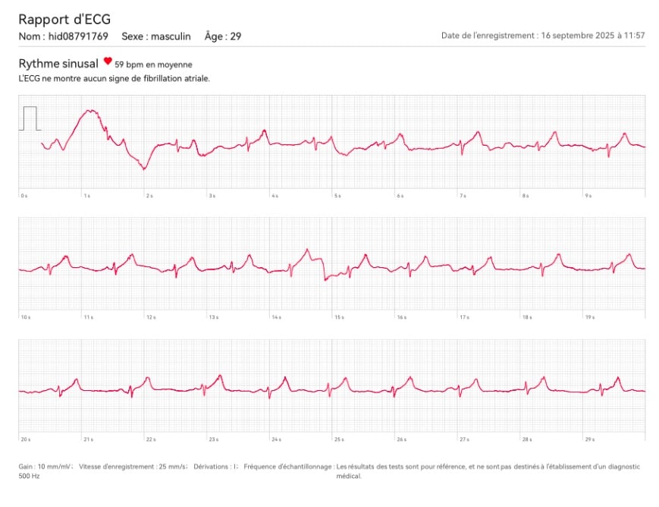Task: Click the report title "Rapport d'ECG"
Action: pos(64,19)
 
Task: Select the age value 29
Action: pos(236,36)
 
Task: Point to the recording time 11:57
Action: pos(634,36)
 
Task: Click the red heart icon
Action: pos(108,61)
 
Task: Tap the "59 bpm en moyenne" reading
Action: pos(153,65)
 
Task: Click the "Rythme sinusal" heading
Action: pos(58,64)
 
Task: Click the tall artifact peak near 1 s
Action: pos(90,112)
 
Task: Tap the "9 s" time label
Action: pos(588,196)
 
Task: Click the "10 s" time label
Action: pos(26,316)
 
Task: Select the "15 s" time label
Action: pos(339,316)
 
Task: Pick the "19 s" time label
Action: pos(589,316)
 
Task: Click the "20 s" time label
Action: pos(26,439)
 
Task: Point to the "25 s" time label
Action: pos(339,439)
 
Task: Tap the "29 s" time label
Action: pos(589,439)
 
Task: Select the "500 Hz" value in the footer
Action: pos(27,477)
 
